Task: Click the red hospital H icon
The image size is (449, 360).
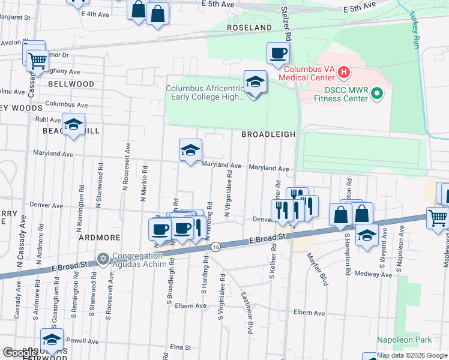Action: [x=343, y=73]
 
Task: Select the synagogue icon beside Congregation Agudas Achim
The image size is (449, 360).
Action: [x=103, y=259]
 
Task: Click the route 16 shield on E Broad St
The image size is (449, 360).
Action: [x=215, y=247]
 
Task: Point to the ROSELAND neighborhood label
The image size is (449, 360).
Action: [x=249, y=28]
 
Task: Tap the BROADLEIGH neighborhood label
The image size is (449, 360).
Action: [x=268, y=135]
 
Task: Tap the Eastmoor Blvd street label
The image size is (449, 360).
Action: [x=247, y=312]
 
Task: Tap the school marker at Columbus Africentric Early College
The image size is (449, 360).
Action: [x=255, y=82]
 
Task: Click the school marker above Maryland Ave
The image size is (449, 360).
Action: [x=190, y=151]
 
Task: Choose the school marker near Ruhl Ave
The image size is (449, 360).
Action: [x=74, y=125]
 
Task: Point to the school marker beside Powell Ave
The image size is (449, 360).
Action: [x=52, y=340]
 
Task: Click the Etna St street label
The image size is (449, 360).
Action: [x=179, y=347]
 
